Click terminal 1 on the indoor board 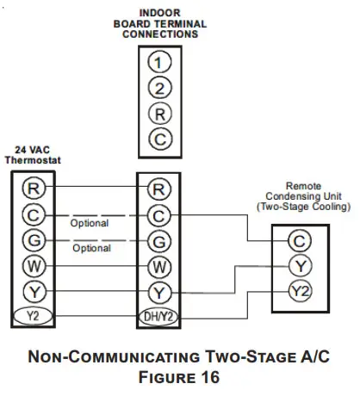(x=158, y=62)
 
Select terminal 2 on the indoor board (x=158, y=87)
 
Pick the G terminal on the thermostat (x=33, y=240)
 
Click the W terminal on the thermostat (x=33, y=265)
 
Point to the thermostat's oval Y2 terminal (x=33, y=316)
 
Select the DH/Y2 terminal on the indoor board (x=158, y=316)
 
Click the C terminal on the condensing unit (x=299, y=240)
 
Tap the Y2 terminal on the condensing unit (x=299, y=290)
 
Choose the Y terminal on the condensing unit (x=299, y=265)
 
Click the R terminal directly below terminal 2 (x=158, y=113)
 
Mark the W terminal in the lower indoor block (x=158, y=265)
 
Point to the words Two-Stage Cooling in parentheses (x=305, y=207)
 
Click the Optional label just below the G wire (x=90, y=248)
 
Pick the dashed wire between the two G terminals (x=95, y=240)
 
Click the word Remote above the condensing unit (x=303, y=184)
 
